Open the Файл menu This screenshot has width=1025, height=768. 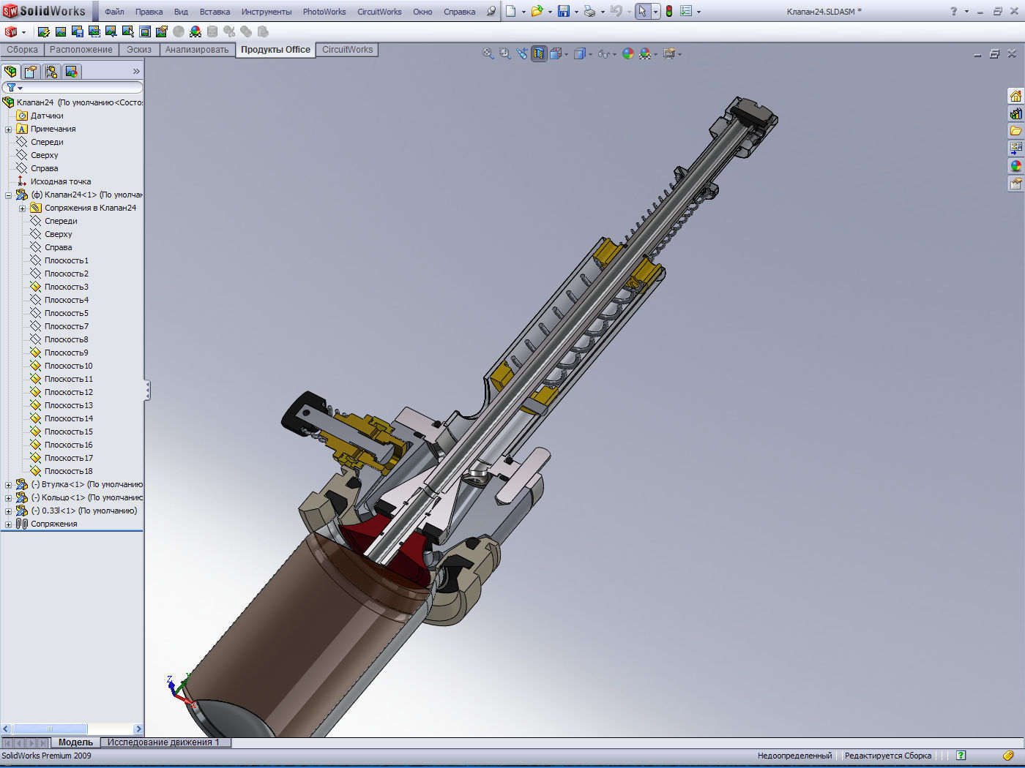coord(114,12)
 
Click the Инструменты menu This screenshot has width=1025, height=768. coord(266,12)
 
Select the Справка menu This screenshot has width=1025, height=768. coord(459,12)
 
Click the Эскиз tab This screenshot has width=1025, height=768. coord(139,50)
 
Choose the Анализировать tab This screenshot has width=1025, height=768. coord(197,50)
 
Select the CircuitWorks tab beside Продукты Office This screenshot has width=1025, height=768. coord(348,50)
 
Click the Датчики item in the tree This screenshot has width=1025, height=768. coord(47,116)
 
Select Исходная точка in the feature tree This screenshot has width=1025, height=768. coord(61,181)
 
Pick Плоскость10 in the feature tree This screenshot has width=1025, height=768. coord(69,366)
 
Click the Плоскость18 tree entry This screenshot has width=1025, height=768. coord(69,471)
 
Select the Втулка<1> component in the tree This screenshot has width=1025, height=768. coord(61,484)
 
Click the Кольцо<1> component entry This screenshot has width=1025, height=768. coord(62,497)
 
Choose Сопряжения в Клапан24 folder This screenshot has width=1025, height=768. coord(90,208)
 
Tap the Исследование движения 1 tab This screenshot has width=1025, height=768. coord(163,742)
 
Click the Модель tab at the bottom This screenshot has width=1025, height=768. coord(75,742)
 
